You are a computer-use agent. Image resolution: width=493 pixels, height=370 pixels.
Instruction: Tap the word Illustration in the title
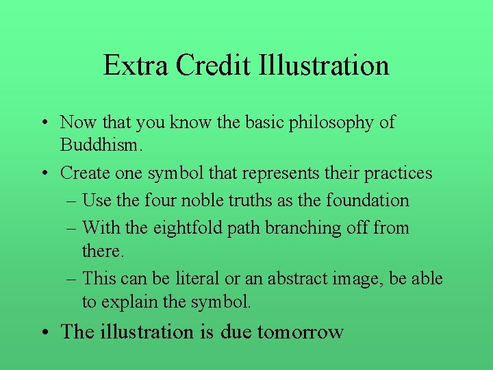tap(325, 66)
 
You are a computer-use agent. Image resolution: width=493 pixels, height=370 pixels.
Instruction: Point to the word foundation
tap(368, 201)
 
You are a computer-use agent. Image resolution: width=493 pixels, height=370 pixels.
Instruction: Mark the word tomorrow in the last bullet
tap(301, 332)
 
